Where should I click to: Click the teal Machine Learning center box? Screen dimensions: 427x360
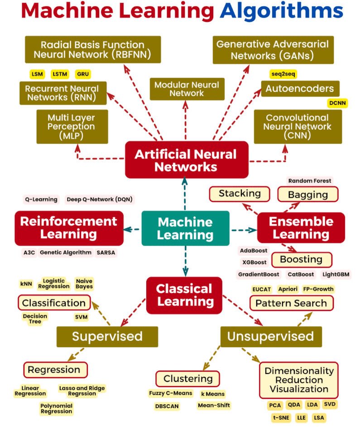pos(185,228)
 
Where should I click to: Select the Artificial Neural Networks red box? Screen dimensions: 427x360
pos(186,160)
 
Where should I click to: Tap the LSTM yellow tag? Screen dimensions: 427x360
pos(60,74)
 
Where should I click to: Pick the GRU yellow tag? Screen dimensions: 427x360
pos(83,74)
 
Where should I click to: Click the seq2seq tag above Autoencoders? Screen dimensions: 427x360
pos(283,74)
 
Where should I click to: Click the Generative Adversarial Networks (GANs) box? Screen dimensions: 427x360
pos(273,50)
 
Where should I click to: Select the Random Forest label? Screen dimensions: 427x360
pos(310,181)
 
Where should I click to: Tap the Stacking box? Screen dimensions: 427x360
pos(240,194)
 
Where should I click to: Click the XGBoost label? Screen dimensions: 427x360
pos(254,262)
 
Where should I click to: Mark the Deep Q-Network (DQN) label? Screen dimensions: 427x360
pos(100,199)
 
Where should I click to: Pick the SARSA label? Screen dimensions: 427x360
pos(106,252)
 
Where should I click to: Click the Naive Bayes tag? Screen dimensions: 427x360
pos(84,284)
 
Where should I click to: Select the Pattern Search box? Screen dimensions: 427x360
pos(291,303)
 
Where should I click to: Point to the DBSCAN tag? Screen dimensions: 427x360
pos(167,406)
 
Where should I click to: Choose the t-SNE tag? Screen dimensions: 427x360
pos(281,417)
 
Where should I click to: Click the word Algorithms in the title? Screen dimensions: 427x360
pos(281,11)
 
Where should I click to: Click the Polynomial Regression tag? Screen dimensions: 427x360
pos(56,408)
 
